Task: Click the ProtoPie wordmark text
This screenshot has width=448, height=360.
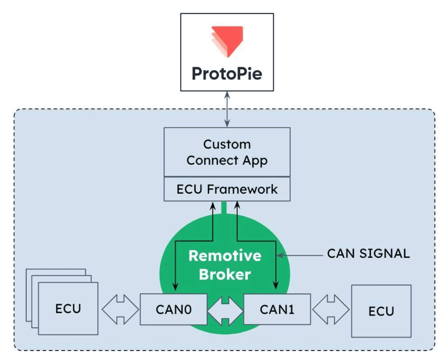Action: click(227, 73)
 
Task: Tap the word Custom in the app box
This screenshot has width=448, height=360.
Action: click(227, 144)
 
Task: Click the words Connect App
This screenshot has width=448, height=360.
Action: click(227, 160)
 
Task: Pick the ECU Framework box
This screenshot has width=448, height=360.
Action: click(227, 189)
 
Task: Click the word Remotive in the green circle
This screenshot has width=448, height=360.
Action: click(225, 256)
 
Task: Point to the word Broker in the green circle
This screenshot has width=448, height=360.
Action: click(225, 274)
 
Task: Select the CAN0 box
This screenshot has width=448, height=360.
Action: click(173, 309)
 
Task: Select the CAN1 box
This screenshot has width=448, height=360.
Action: click(277, 309)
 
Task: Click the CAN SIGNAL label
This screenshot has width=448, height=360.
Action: click(368, 254)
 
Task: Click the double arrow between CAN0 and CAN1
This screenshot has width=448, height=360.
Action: click(225, 309)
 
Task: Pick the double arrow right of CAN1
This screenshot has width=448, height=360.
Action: click(330, 309)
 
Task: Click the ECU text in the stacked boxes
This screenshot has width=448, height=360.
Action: click(68, 308)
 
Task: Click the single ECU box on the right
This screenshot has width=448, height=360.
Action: click(381, 311)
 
